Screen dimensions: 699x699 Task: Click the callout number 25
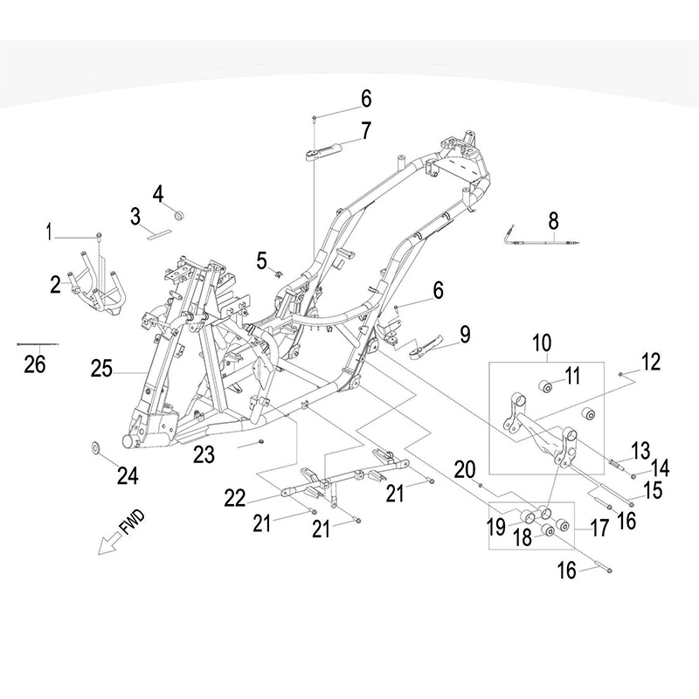point(101,369)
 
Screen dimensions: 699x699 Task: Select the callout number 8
point(553,221)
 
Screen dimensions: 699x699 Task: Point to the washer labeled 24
point(95,446)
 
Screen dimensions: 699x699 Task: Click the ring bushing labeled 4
point(179,216)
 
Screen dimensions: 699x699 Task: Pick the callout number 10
point(543,343)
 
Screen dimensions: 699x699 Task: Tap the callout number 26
point(35,363)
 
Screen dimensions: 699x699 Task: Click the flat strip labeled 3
point(159,234)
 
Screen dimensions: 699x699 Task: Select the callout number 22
point(235,498)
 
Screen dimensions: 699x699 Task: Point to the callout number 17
point(599,528)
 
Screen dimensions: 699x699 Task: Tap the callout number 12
point(651,362)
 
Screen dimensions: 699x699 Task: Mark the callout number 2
point(55,285)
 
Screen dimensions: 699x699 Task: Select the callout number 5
point(261,260)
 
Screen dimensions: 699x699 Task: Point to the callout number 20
point(465,470)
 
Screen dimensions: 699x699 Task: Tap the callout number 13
point(641,451)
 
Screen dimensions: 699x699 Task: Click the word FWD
point(133,522)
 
